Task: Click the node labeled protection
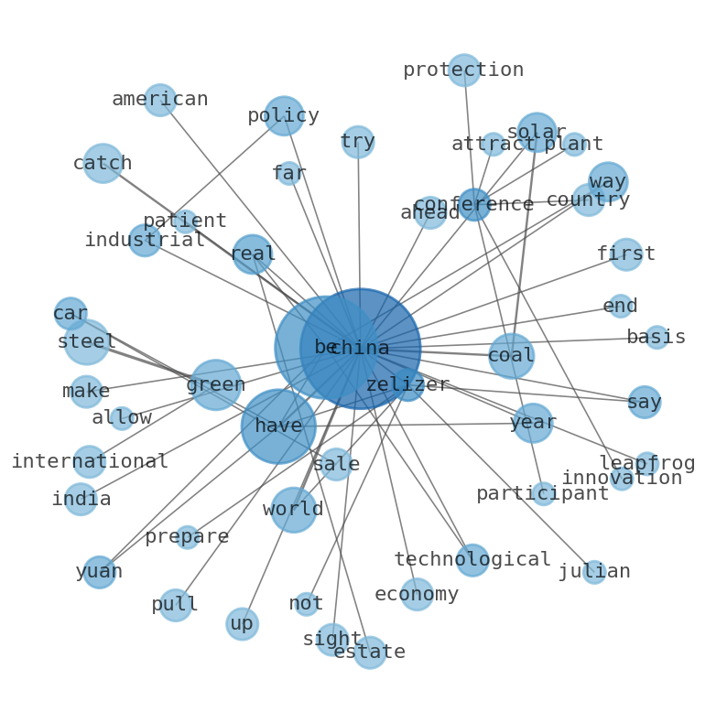[464, 70]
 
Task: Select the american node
[160, 100]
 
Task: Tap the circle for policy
[284, 116]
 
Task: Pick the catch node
[103, 164]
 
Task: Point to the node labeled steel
[87, 342]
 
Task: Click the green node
[215, 385]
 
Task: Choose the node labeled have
[278, 426]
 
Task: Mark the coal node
[511, 355]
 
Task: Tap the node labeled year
[533, 423]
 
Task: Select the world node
[293, 510]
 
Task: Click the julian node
[594, 572]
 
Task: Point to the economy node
[417, 595]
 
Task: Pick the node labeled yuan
[99, 572]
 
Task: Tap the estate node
[369, 653]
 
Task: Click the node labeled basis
[656, 338]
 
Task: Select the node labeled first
[626, 254]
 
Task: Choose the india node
[81, 500]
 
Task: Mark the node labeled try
[358, 142]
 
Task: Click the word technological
[472, 560]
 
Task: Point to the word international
[89, 462]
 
